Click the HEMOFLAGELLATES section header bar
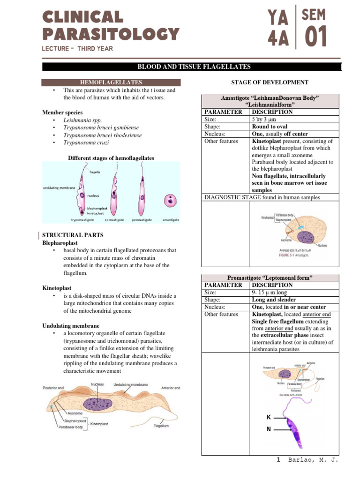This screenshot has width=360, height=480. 108,82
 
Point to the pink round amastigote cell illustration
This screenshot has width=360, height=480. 170,201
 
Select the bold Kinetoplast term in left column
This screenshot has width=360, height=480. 57,288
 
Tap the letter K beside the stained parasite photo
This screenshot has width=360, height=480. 268,416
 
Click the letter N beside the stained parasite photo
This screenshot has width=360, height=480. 268,428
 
